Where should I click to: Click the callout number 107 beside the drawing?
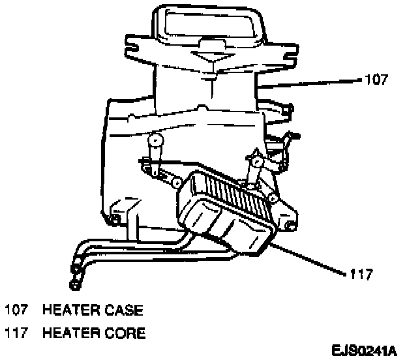pyautogui.click(x=376, y=81)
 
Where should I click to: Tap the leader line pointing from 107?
pyautogui.click(x=313, y=83)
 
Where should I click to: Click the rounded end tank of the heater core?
pyautogui.click(x=215, y=225)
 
